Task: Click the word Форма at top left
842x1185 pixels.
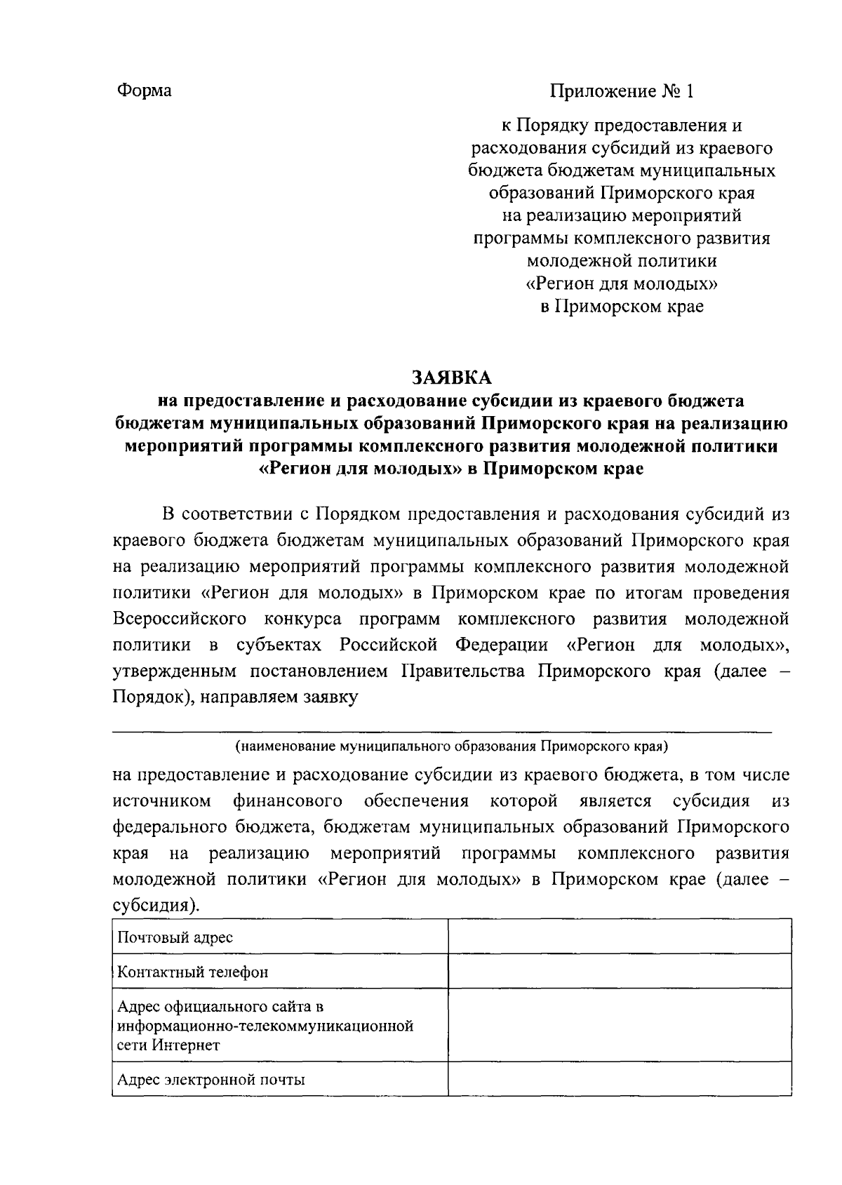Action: pyautogui.click(x=144, y=91)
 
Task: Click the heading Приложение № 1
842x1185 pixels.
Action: pyautogui.click(x=622, y=91)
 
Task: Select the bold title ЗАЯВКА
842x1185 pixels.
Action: pyautogui.click(x=451, y=377)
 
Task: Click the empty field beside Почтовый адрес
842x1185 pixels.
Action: pyautogui.click(x=619, y=937)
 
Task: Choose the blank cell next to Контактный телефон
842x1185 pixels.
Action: pyautogui.click(x=619, y=972)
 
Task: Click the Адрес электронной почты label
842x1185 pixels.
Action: pyautogui.click(x=211, y=1080)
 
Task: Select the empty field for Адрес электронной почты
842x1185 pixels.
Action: pyautogui.click(x=619, y=1080)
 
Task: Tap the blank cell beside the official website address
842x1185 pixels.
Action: pyautogui.click(x=619, y=1026)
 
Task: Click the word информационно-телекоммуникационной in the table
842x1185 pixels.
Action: pyautogui.click(x=265, y=1026)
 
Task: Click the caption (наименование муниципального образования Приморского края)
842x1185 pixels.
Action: pyautogui.click(x=451, y=745)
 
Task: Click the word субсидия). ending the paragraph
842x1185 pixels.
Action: pyautogui.click(x=156, y=906)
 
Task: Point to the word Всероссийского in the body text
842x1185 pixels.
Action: pyautogui.click(x=180, y=620)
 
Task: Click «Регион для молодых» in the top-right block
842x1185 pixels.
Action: pyautogui.click(x=622, y=284)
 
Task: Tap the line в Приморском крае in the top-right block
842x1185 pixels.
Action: pyautogui.click(x=622, y=307)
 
